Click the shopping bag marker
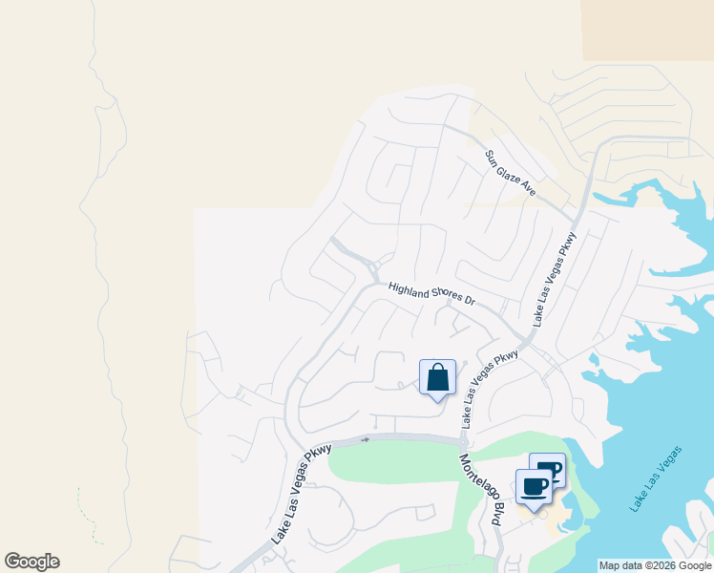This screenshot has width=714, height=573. tap(437, 377)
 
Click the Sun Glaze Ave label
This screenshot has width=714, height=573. tap(512, 174)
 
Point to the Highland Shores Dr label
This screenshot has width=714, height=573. tap(431, 293)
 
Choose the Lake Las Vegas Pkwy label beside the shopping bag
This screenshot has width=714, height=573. tap(490, 388)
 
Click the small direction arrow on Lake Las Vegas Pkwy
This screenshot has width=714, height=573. tap(365, 439)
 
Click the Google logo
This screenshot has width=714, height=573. tap(31, 562)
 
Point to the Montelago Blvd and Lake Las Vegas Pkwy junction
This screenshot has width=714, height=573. tap(463, 441)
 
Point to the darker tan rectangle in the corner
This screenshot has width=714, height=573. tap(648, 30)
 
